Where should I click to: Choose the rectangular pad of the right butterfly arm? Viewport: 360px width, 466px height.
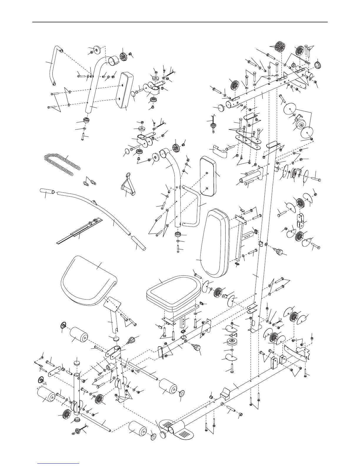coord(210,176)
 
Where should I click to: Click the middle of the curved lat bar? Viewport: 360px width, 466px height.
coord(97,206)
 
